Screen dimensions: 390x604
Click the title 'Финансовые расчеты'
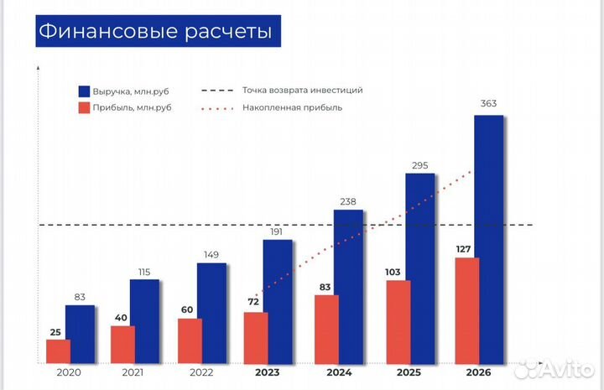(156, 32)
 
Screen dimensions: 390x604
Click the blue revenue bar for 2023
(278, 301)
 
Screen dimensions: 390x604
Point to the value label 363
(488, 104)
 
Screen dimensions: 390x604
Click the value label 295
(419, 164)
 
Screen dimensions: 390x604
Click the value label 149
(211, 254)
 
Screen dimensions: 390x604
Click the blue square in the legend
(84, 91)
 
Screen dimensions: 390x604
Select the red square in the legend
(84, 107)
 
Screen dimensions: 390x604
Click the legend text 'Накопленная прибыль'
(292, 107)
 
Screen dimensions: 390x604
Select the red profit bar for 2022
(190, 341)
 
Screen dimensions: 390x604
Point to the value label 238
(348, 200)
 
